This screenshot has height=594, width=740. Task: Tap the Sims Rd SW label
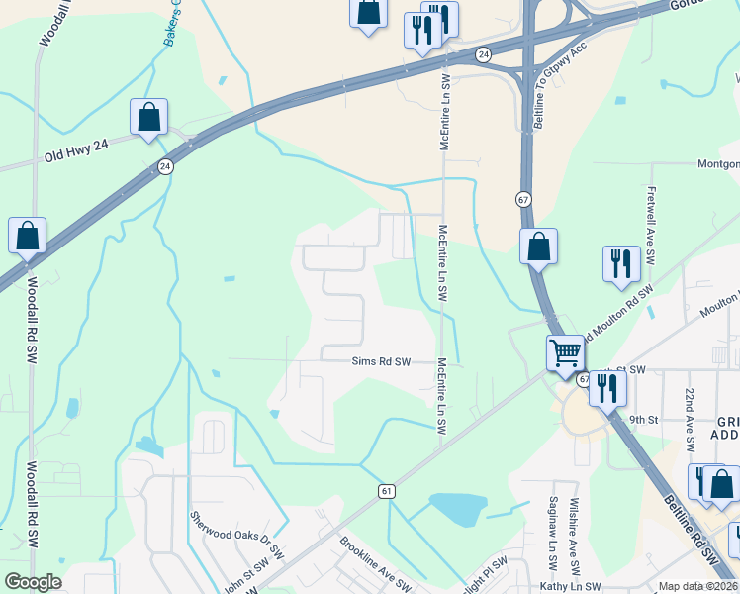[381, 362]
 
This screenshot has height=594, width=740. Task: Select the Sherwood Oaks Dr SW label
[231, 535]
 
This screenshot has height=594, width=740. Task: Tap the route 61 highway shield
[385, 490]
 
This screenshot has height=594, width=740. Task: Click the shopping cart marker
[565, 352]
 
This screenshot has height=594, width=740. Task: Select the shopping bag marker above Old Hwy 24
[148, 117]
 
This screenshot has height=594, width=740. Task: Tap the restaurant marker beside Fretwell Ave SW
[621, 262]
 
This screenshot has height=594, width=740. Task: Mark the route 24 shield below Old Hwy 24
[165, 167]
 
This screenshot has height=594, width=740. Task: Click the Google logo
[34, 582]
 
